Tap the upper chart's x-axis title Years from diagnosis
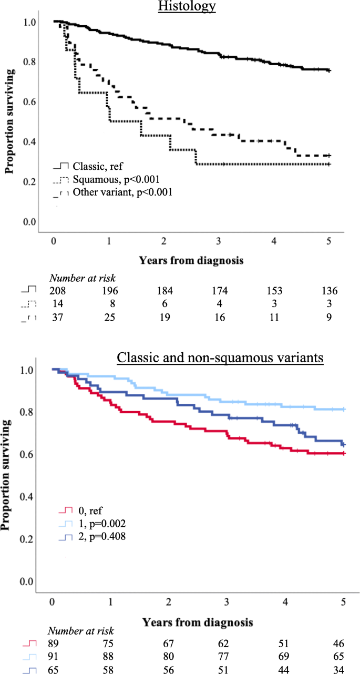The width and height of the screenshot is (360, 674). coord(191,260)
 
